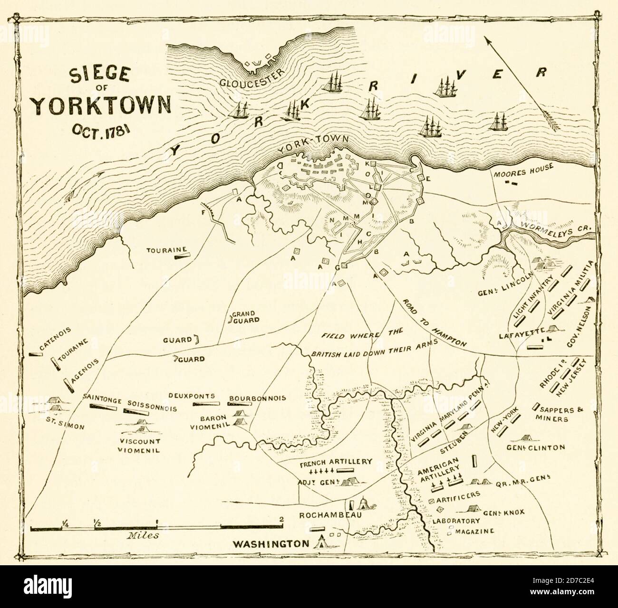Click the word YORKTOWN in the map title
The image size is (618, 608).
point(102,105)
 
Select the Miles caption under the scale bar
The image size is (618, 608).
point(143,535)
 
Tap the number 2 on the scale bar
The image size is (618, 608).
point(282,519)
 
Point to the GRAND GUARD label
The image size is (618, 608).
point(246,317)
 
